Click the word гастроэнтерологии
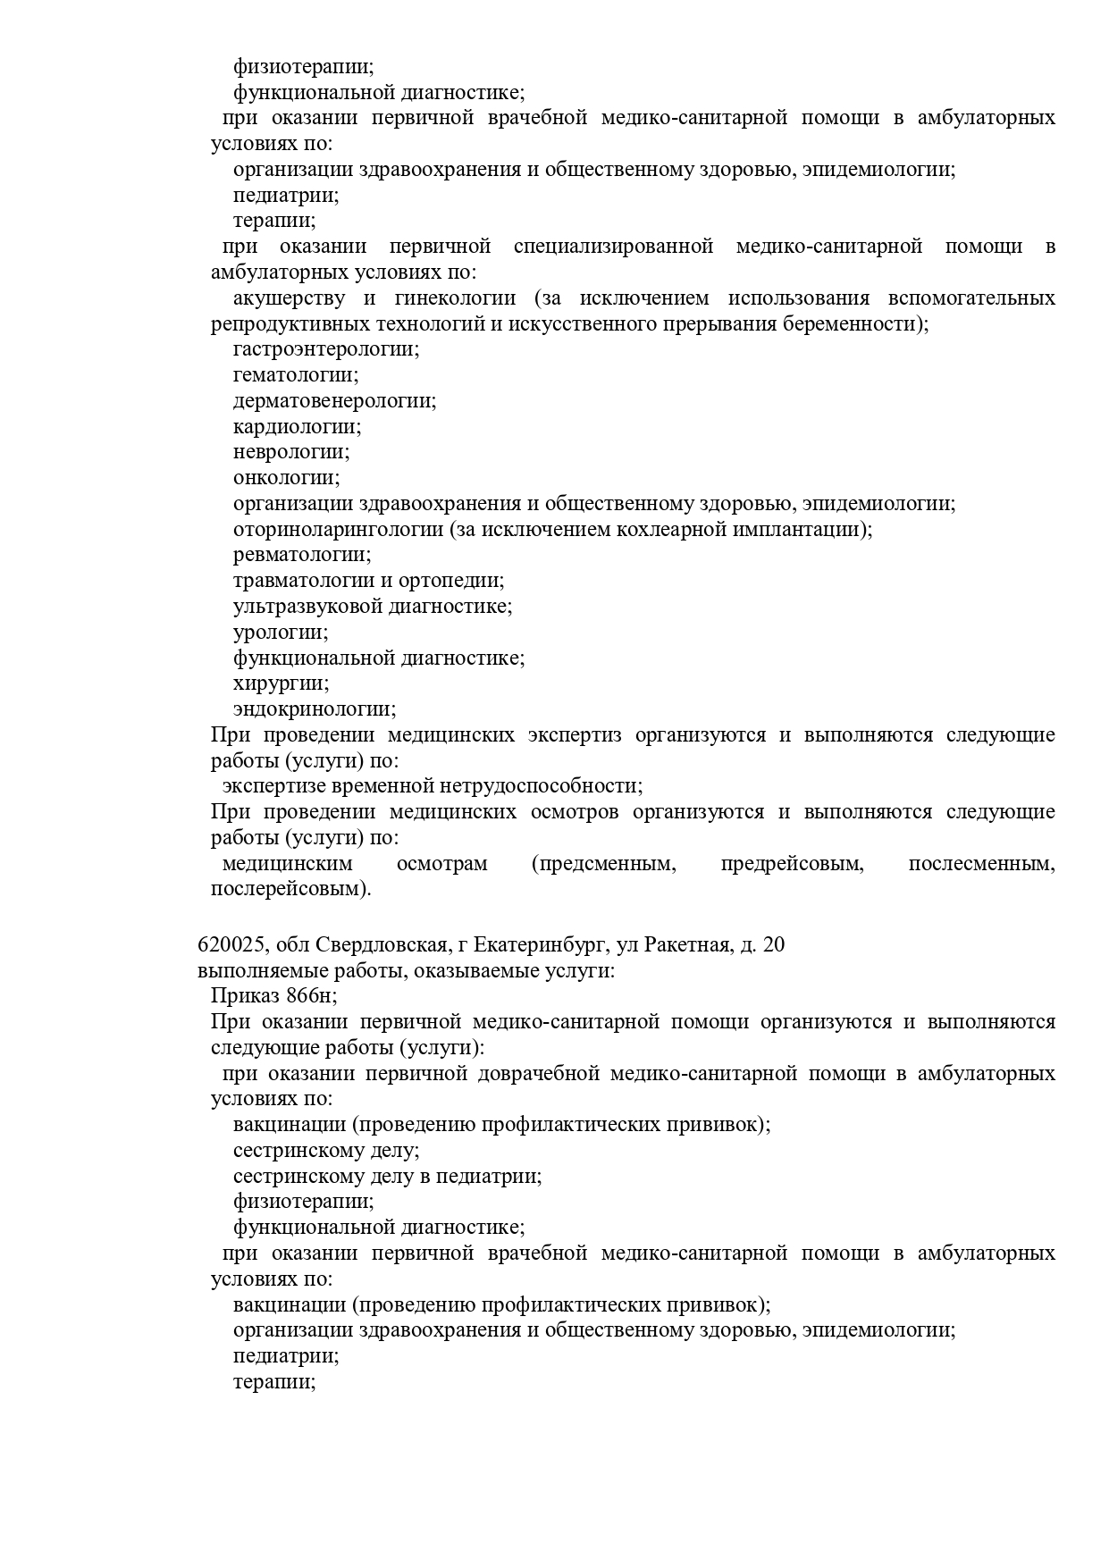pyautogui.click(x=325, y=349)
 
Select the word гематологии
pyautogui.click(x=295, y=375)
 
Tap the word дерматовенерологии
pyautogui.click(x=334, y=401)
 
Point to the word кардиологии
pyautogui.click(x=297, y=427)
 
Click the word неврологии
pyautogui.click(x=291, y=453)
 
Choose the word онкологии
pyautogui.click(x=286, y=478)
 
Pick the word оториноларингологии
pyautogui.click(x=338, y=530)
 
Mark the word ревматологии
pyautogui.click(x=300, y=556)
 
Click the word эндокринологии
pyautogui.click(x=315, y=709)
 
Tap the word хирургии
pyautogui.click(x=281, y=684)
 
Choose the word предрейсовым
pyautogui.click(x=792, y=864)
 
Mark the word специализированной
pyautogui.click(x=613, y=247)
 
